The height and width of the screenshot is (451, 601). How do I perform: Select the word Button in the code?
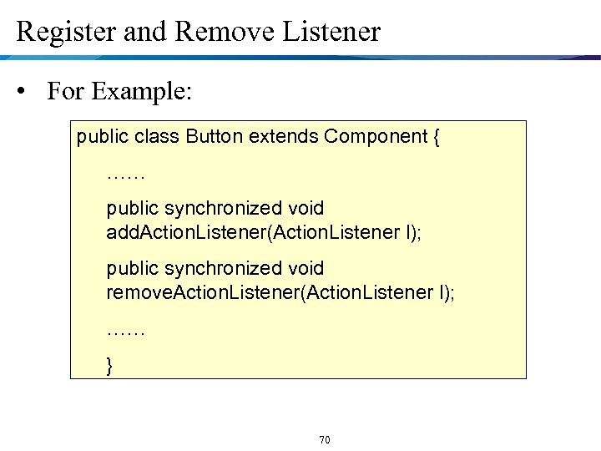click(x=215, y=136)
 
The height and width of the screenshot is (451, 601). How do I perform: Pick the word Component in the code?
click(x=376, y=136)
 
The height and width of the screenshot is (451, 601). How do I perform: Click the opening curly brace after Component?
click(x=437, y=137)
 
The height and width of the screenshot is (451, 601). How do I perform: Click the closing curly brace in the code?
click(x=110, y=365)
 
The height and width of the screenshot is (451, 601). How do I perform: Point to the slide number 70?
click(x=325, y=439)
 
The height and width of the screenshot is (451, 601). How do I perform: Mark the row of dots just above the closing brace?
click(x=126, y=332)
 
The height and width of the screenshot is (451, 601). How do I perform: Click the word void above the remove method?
click(x=306, y=268)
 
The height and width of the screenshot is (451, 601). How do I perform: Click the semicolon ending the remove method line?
click(x=452, y=292)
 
